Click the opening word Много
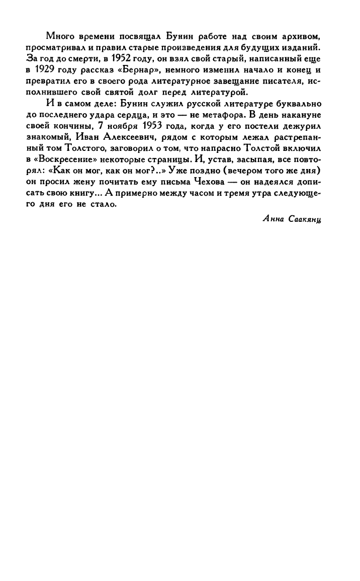[57, 36]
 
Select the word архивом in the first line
[301, 36]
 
